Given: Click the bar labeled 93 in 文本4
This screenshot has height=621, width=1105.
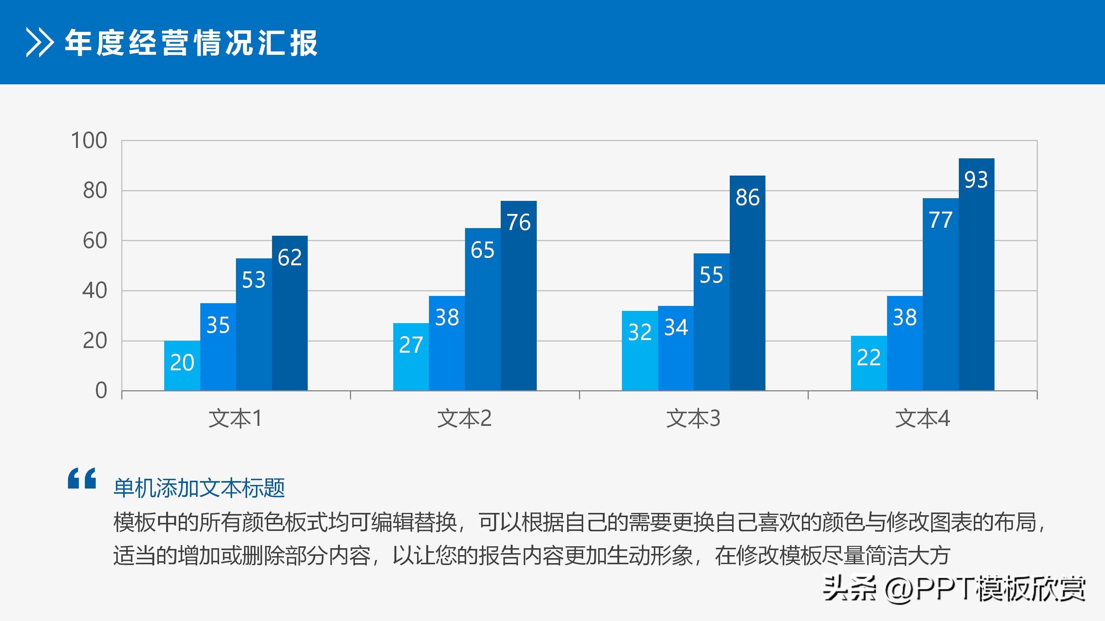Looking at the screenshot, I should [x=976, y=274].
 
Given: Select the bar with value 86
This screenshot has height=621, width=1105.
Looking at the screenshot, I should [x=747, y=283].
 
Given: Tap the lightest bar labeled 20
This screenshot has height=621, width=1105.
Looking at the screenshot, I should [x=182, y=365].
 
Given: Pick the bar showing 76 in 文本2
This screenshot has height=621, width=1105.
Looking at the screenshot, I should [x=518, y=296].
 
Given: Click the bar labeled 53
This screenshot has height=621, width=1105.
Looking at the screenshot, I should [x=254, y=324].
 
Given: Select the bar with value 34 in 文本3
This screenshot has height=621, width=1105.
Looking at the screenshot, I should [x=676, y=348].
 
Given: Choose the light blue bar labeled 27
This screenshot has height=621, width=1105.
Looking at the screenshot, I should [x=411, y=356].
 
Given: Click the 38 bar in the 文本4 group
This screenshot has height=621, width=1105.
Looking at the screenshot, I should [x=905, y=343].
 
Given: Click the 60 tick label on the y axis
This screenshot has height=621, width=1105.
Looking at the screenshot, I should [x=95, y=241].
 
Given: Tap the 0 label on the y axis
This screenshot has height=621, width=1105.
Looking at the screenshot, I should [x=101, y=391].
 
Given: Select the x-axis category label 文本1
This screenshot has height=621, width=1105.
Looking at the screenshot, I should [x=235, y=418].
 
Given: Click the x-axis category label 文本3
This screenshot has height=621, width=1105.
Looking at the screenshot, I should [x=693, y=418].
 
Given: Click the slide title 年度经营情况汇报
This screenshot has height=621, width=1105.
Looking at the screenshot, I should [x=191, y=43].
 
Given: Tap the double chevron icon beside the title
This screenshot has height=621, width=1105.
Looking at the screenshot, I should [x=40, y=43].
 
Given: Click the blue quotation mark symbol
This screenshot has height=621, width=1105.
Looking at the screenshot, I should [x=82, y=478].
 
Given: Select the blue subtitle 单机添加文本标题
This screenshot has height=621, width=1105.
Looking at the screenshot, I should [x=199, y=488].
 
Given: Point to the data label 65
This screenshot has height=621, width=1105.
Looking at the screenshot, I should [x=482, y=250].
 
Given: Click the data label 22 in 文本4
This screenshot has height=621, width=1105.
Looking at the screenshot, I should [x=869, y=357].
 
